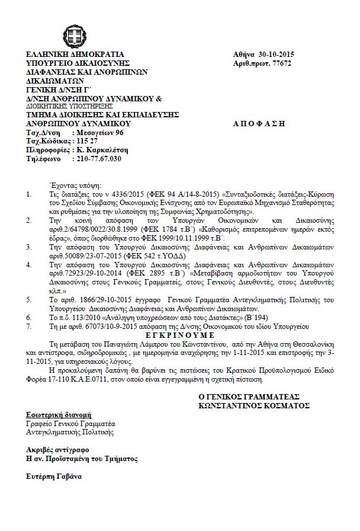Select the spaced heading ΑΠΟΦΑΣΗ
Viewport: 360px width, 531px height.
(263, 124)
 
